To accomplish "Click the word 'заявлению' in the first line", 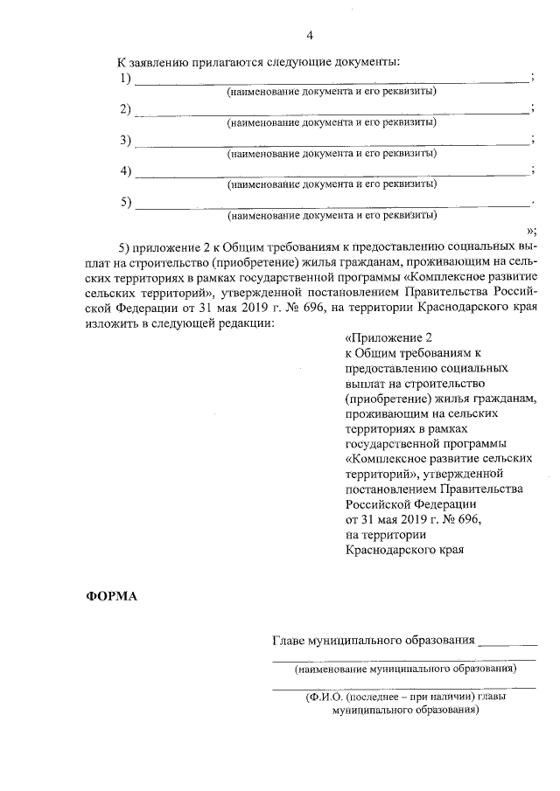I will click(161, 64).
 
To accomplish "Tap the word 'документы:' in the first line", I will click(368, 64).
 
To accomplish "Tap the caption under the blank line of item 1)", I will click(332, 92).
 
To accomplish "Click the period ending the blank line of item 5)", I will click(532, 204).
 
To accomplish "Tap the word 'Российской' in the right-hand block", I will click(378, 505).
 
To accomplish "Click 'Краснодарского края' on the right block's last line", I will click(403, 550).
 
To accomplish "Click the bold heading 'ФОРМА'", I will click(111, 597).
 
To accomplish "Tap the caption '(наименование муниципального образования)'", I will click(404, 670).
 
